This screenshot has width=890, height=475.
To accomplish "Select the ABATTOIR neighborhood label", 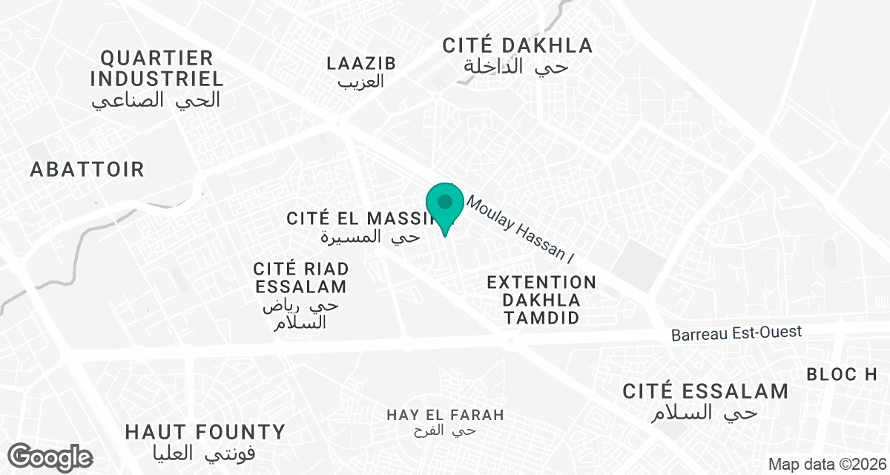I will [x=87, y=169].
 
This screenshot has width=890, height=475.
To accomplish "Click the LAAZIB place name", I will [x=361, y=63].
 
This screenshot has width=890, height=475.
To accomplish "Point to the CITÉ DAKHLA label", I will [x=518, y=45].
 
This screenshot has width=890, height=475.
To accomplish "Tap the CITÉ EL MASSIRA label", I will [x=361, y=218].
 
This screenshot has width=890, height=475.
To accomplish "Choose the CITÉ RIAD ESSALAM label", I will [x=300, y=277].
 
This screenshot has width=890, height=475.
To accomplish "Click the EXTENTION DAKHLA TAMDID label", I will [x=541, y=300].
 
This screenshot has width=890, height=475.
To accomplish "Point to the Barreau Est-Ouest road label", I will [x=736, y=332].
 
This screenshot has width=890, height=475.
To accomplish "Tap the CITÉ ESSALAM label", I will [x=705, y=391].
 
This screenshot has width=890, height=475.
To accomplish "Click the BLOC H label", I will [x=842, y=375].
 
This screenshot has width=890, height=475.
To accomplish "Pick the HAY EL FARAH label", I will [x=445, y=414].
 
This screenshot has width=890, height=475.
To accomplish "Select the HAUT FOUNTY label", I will [x=205, y=432].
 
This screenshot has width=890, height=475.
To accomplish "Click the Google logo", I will [x=50, y=456].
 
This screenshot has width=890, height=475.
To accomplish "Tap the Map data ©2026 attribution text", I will [x=826, y=465].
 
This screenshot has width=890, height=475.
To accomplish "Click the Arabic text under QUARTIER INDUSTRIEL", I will [x=156, y=100].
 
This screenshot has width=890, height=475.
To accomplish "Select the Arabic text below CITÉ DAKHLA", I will [x=516, y=67].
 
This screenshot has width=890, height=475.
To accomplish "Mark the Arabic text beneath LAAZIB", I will [x=361, y=82].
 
